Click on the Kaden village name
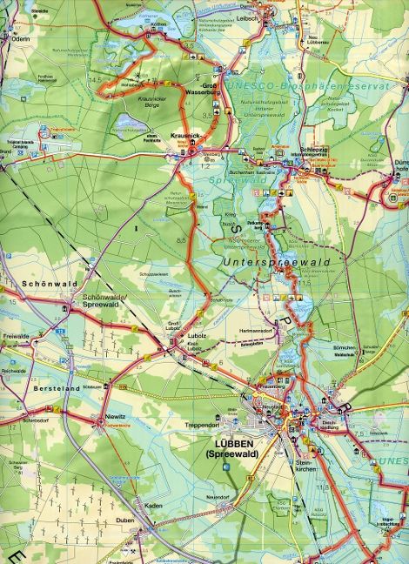tap(155, 505)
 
